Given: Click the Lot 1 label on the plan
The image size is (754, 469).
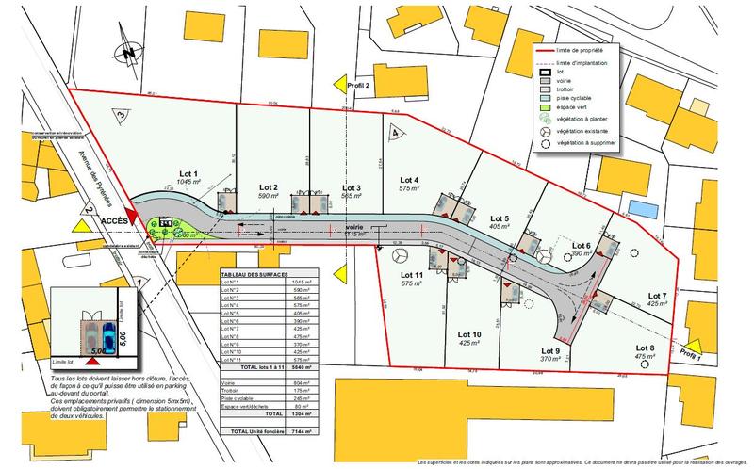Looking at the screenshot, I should coord(189,174).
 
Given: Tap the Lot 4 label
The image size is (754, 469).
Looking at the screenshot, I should coord(409,180).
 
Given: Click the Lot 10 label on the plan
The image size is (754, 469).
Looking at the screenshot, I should coord(470,335).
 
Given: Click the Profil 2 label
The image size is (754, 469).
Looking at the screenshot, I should coord(363,86).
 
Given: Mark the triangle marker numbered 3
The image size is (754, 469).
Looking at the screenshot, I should coord(121,114).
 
